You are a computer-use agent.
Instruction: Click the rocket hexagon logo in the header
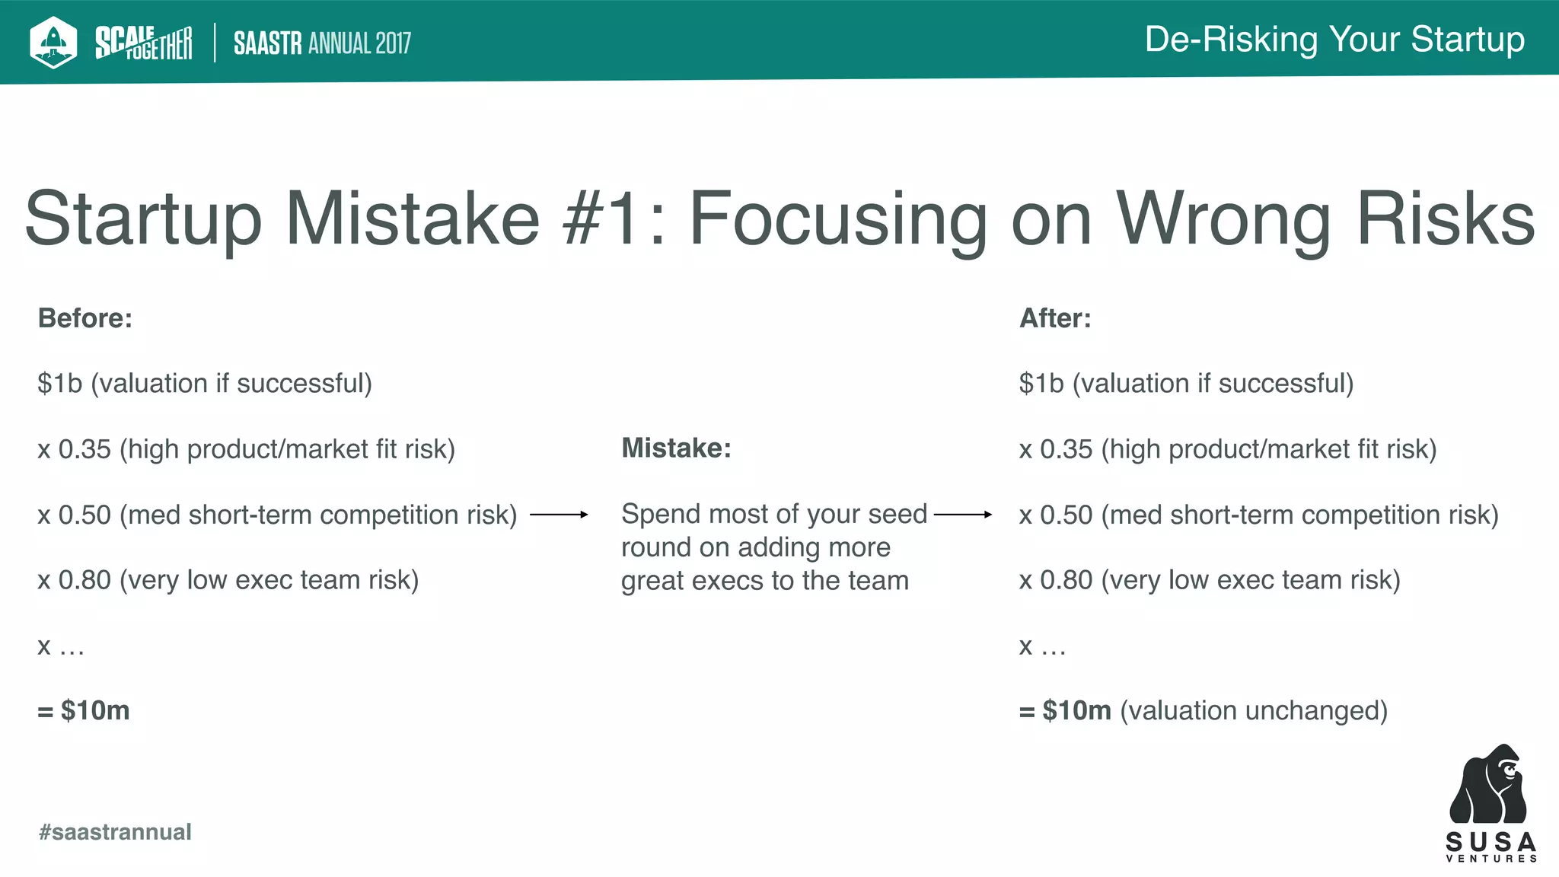53,42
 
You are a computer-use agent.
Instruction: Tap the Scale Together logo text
143,43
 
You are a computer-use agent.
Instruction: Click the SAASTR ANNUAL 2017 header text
322,43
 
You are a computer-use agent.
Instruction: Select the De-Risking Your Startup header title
1334,40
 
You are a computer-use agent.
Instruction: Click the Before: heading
85,318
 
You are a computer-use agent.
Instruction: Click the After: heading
1055,318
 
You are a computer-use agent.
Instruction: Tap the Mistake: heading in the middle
676,448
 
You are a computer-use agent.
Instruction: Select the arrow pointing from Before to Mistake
560,515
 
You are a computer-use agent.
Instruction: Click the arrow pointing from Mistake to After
963,515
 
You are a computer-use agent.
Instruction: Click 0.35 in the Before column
84,449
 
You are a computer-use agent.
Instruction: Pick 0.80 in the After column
1066,580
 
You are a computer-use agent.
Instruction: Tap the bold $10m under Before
94,710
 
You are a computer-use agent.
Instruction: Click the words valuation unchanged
1253,710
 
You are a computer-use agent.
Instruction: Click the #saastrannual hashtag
115,832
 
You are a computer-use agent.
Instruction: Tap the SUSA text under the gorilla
1490,842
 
